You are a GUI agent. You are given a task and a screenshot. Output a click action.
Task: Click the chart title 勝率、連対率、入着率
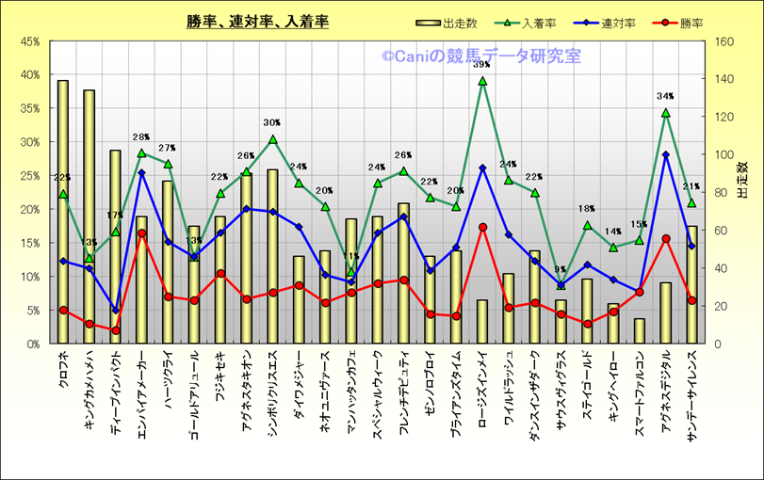[x=257, y=22]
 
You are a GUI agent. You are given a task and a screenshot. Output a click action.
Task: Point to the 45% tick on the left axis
[x=28, y=41]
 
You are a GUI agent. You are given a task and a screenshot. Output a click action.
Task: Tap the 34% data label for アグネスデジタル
[x=665, y=96]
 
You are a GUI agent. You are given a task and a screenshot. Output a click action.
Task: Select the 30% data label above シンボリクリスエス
[x=272, y=122]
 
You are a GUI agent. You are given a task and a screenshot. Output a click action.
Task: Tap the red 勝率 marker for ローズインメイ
[x=482, y=227]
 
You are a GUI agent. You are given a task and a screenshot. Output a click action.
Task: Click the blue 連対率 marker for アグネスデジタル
[x=665, y=154]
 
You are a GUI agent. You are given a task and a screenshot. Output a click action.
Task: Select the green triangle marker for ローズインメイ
[x=482, y=81]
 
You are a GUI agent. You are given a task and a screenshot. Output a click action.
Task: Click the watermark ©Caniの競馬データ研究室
[x=481, y=56]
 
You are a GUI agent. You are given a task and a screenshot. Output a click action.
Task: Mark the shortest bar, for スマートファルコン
[x=640, y=331]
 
